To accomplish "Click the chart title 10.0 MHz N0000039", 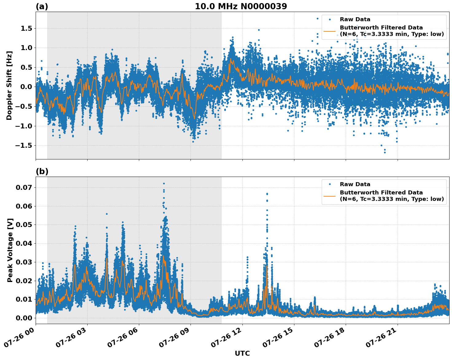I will click(x=241, y=6).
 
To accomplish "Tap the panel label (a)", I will click(x=42, y=6).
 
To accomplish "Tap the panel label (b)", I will click(x=42, y=171).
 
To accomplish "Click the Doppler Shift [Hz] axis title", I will click(x=9, y=85).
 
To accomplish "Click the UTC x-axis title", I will click(x=242, y=353).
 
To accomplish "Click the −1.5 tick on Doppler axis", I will click(x=25, y=145).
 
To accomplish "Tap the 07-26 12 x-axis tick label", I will click(x=226, y=340).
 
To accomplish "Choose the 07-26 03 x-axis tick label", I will click(x=71, y=340).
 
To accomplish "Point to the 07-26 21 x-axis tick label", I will click(x=381, y=340).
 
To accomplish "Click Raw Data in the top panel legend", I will click(x=355, y=19).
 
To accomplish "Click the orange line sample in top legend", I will click(x=329, y=31).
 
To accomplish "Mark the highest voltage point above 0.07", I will click(x=164, y=183).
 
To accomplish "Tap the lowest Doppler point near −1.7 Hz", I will click(x=385, y=152).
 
